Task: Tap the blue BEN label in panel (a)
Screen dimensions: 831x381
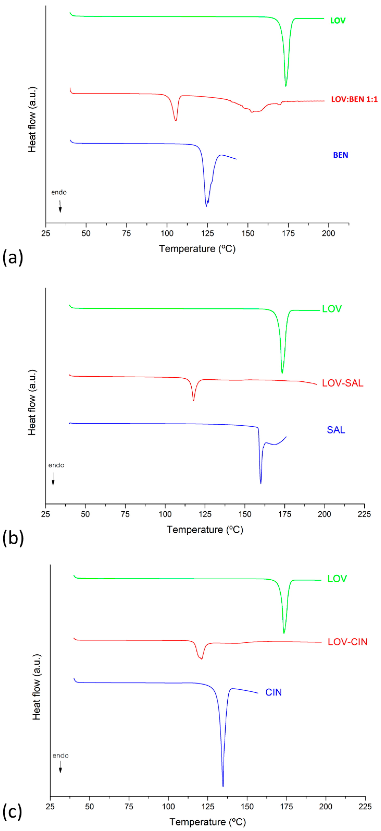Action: tap(340, 155)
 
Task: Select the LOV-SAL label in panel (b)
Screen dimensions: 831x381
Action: tap(342, 383)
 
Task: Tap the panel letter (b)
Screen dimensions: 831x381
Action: tap(13, 538)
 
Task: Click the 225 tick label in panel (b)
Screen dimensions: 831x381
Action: tap(364, 514)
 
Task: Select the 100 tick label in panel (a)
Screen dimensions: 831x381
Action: tap(167, 233)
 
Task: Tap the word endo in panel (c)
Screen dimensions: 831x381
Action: tap(60, 755)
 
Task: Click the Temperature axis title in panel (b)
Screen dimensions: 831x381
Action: tap(205, 529)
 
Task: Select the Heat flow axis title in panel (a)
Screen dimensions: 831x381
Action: tap(32, 119)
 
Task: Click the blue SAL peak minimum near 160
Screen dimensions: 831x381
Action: tap(260, 483)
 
